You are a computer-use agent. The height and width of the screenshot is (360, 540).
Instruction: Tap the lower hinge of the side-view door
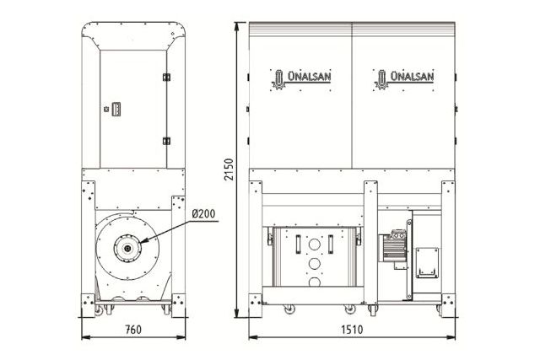coord(166,140)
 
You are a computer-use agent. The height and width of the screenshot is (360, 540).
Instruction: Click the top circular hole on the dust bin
coord(314,245)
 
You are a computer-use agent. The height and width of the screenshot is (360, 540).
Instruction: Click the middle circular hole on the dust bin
coord(314,263)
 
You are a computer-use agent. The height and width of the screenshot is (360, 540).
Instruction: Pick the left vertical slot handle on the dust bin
coord(297,244)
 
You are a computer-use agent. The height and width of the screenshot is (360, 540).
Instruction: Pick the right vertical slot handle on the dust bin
coord(332,244)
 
